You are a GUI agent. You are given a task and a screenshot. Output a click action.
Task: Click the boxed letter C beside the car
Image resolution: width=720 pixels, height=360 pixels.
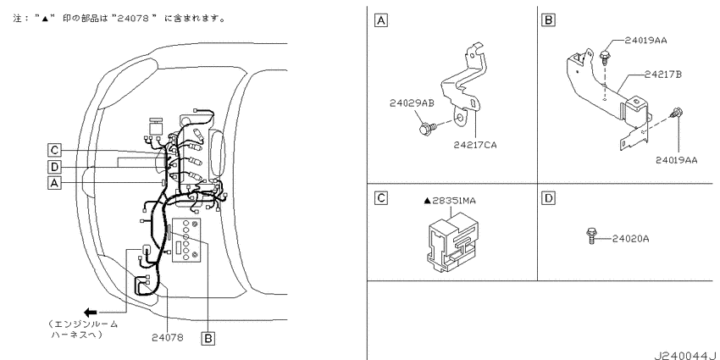(54, 150)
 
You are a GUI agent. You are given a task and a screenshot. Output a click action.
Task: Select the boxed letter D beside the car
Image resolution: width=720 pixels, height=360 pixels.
(54, 167)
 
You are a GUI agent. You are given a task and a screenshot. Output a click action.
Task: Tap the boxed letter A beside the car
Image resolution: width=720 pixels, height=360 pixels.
(54, 183)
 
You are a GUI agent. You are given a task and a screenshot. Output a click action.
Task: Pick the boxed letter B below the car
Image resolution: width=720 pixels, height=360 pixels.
(208, 339)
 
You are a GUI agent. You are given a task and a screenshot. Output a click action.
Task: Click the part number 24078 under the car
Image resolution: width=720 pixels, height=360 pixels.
(168, 338)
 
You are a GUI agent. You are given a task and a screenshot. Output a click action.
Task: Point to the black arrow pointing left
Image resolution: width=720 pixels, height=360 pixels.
(90, 313)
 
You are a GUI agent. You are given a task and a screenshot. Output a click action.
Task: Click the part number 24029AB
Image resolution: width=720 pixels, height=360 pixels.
(412, 103)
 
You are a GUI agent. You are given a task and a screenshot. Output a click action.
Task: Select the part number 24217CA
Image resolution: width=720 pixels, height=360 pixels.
(475, 145)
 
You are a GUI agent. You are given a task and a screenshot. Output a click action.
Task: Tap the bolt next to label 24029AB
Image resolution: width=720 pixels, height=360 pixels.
(427, 127)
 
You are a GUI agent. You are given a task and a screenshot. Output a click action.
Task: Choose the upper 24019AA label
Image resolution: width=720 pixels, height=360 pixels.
(645, 41)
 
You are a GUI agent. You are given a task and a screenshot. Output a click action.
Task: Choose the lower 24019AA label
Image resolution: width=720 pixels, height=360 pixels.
(677, 160)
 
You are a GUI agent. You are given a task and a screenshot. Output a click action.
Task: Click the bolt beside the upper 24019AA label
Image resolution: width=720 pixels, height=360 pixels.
(604, 57)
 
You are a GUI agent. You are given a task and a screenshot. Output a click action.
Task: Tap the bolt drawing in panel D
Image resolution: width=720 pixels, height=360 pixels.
(591, 235)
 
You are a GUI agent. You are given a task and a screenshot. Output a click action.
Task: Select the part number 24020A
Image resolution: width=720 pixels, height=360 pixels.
(630, 239)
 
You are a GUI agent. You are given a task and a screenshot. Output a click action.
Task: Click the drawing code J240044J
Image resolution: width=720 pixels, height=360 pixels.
(686, 355)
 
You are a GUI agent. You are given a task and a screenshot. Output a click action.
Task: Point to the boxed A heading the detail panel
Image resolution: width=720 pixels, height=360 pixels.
(381, 20)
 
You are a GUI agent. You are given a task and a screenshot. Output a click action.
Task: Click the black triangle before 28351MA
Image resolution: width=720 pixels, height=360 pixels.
(427, 201)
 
